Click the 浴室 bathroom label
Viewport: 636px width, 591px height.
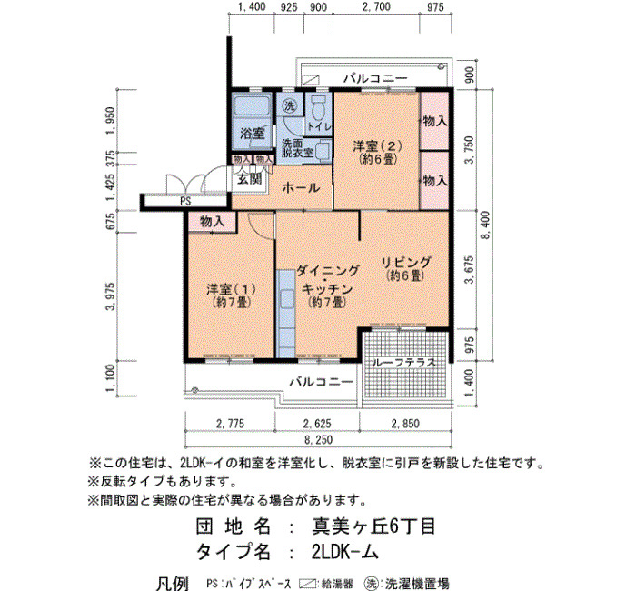(252, 133)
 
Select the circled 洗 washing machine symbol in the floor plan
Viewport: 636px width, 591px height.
(290, 106)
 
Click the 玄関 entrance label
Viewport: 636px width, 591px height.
(249, 179)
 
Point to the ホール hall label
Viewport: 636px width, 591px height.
(301, 188)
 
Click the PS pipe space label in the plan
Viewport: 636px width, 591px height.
(185, 201)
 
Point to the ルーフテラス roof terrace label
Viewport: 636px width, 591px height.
(404, 362)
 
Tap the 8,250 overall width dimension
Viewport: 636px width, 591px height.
(319, 439)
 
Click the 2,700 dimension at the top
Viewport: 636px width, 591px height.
(376, 7)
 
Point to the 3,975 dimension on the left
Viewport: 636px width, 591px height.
(110, 296)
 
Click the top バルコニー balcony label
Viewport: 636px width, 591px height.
(375, 78)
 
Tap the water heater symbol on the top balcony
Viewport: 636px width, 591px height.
(311, 80)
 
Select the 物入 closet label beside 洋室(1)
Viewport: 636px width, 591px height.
(212, 222)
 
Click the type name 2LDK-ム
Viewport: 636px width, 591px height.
(345, 551)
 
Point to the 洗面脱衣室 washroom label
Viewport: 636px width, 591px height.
(298, 147)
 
